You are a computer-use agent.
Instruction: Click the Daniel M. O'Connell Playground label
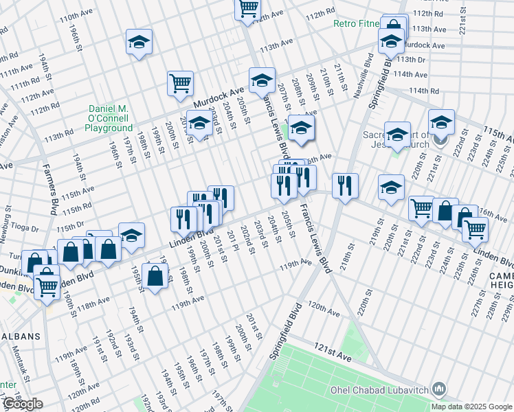(110, 119)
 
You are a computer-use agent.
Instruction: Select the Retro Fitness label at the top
(356, 23)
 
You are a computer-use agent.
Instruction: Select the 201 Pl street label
(234, 241)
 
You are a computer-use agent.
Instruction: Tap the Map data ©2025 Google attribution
(472, 407)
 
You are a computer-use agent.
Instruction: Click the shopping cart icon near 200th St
(180, 83)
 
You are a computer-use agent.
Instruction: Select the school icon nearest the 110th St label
(139, 43)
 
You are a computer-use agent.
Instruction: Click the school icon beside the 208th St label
(301, 127)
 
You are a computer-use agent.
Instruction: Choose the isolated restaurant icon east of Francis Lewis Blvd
(345, 185)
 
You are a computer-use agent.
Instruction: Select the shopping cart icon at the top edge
(248, 9)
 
